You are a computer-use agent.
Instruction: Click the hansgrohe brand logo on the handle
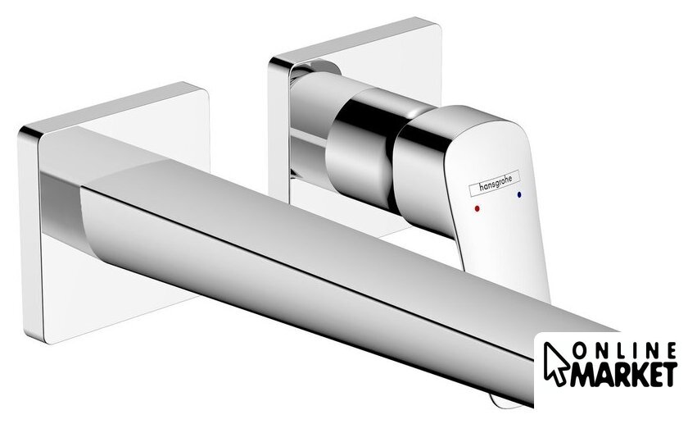(x=494, y=182)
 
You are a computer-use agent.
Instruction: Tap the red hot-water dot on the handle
(x=477, y=208)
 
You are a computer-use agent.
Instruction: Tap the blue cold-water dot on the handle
(x=520, y=194)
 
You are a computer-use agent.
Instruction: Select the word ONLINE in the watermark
(x=624, y=351)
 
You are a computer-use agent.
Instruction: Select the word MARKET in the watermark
(x=623, y=375)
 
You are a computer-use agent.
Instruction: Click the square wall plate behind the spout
(x=114, y=211)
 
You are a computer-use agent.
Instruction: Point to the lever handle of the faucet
(x=474, y=194)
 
